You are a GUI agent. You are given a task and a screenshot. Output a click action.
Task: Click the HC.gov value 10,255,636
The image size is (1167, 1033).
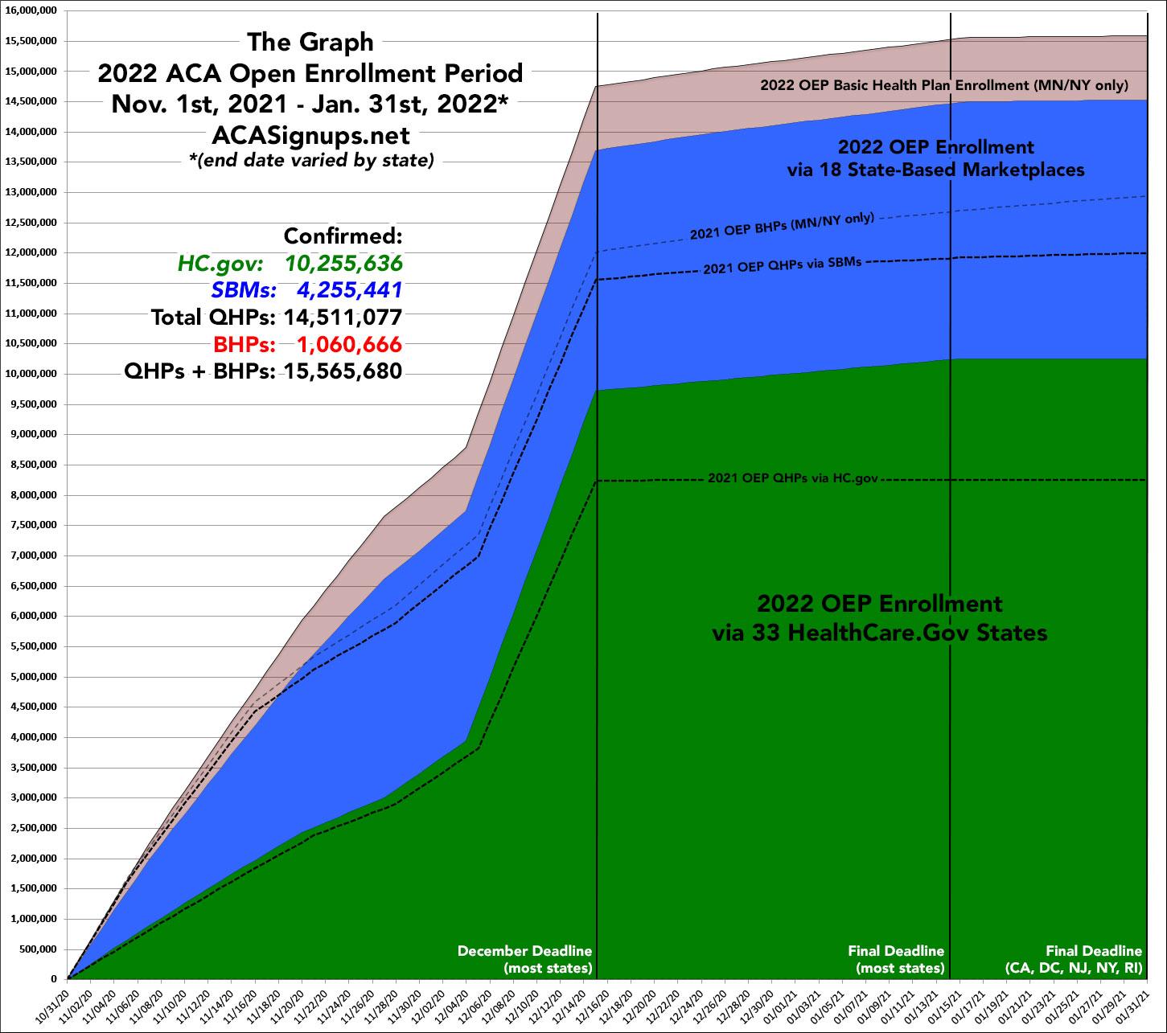[x=343, y=264]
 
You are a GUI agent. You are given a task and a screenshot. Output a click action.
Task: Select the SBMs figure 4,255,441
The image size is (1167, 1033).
[x=348, y=290]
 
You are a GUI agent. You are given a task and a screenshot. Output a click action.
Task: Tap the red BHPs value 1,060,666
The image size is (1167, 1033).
[x=348, y=344]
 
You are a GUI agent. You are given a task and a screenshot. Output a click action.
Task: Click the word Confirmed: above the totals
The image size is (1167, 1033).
[x=343, y=237]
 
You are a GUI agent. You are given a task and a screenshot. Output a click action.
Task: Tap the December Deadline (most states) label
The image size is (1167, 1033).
[x=524, y=959]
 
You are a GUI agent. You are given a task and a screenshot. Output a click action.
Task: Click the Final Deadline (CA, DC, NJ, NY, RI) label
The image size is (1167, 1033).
[x=1073, y=959]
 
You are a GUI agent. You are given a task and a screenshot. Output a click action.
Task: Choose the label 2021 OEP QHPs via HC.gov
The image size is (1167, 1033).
[x=792, y=478]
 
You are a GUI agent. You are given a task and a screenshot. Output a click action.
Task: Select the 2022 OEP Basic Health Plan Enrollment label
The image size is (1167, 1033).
[x=944, y=84]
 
